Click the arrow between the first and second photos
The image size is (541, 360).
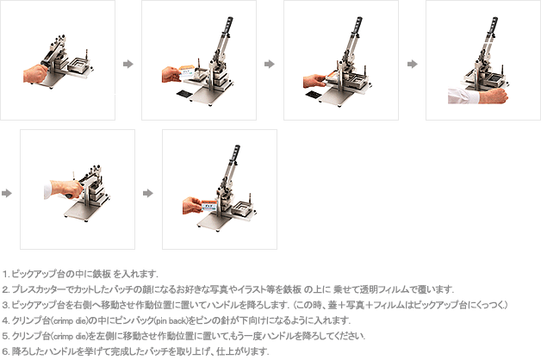point(128,64)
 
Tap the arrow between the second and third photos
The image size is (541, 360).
point(270,64)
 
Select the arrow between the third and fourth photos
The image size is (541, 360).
point(413,64)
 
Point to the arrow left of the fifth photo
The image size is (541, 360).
point(7,193)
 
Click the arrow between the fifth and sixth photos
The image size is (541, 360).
point(148,193)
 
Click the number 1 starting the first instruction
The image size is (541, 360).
point(5,275)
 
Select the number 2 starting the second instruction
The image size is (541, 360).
point(5,289)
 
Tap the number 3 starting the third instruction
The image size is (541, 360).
point(5,305)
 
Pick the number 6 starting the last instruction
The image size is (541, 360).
point(5,351)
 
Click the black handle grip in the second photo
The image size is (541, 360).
point(228,25)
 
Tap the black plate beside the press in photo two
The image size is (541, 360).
point(183,93)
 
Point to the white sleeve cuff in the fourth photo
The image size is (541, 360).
point(463,96)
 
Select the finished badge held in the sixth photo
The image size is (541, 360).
point(208,205)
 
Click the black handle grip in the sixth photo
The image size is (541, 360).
point(236,154)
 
